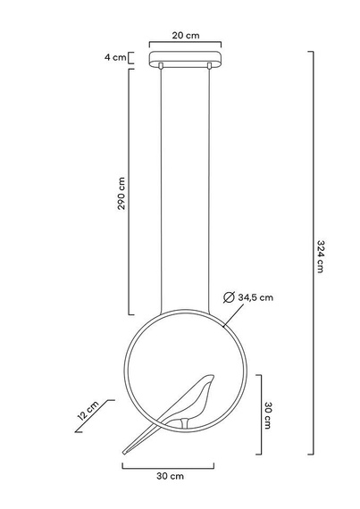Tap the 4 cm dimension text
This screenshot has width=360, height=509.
point(113,58)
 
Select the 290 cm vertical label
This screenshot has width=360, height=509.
point(121,193)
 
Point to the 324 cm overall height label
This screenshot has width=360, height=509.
point(321,259)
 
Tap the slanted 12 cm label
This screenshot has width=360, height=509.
point(88,412)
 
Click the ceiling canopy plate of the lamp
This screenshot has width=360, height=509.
point(186,63)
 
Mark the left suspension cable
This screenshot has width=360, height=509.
point(161,188)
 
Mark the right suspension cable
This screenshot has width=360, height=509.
point(211,188)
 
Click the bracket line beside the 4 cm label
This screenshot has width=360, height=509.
point(131,58)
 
